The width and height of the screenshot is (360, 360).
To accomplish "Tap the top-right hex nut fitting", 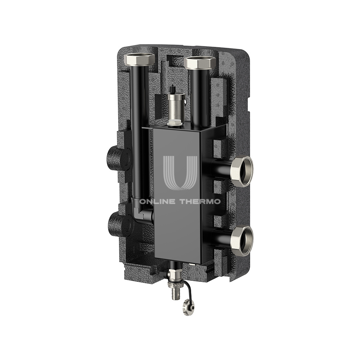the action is (x=200, y=62).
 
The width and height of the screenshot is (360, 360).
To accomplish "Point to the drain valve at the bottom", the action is (x=174, y=280).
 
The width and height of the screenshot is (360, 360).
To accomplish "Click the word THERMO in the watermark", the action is (x=200, y=202).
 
